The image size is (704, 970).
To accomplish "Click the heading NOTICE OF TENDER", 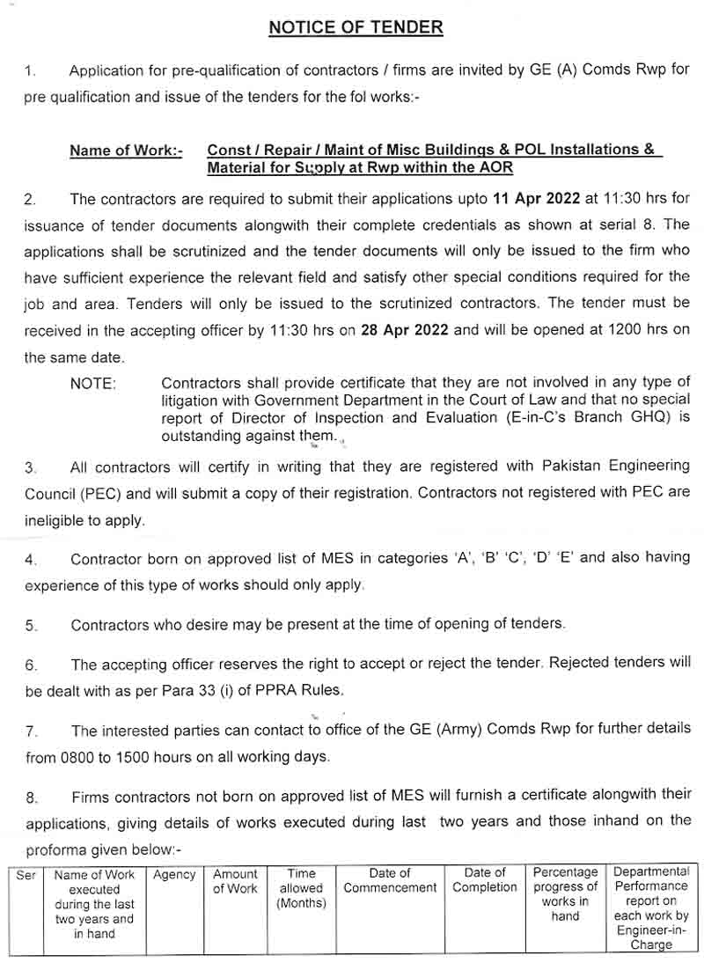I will click(356, 27).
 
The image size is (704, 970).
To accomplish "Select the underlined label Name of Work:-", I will click(126, 151).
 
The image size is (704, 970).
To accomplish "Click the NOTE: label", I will click(93, 384).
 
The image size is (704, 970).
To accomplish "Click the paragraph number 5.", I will click(31, 626).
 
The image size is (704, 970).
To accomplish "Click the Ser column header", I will click(26, 875).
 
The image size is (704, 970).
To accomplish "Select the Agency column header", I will click(174, 875).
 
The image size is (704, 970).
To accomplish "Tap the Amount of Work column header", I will click(235, 881).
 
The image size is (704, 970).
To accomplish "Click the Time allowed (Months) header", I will click(301, 888).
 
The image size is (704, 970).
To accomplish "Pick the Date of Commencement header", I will click(390, 880).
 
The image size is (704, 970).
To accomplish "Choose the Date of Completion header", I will click(485, 880).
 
